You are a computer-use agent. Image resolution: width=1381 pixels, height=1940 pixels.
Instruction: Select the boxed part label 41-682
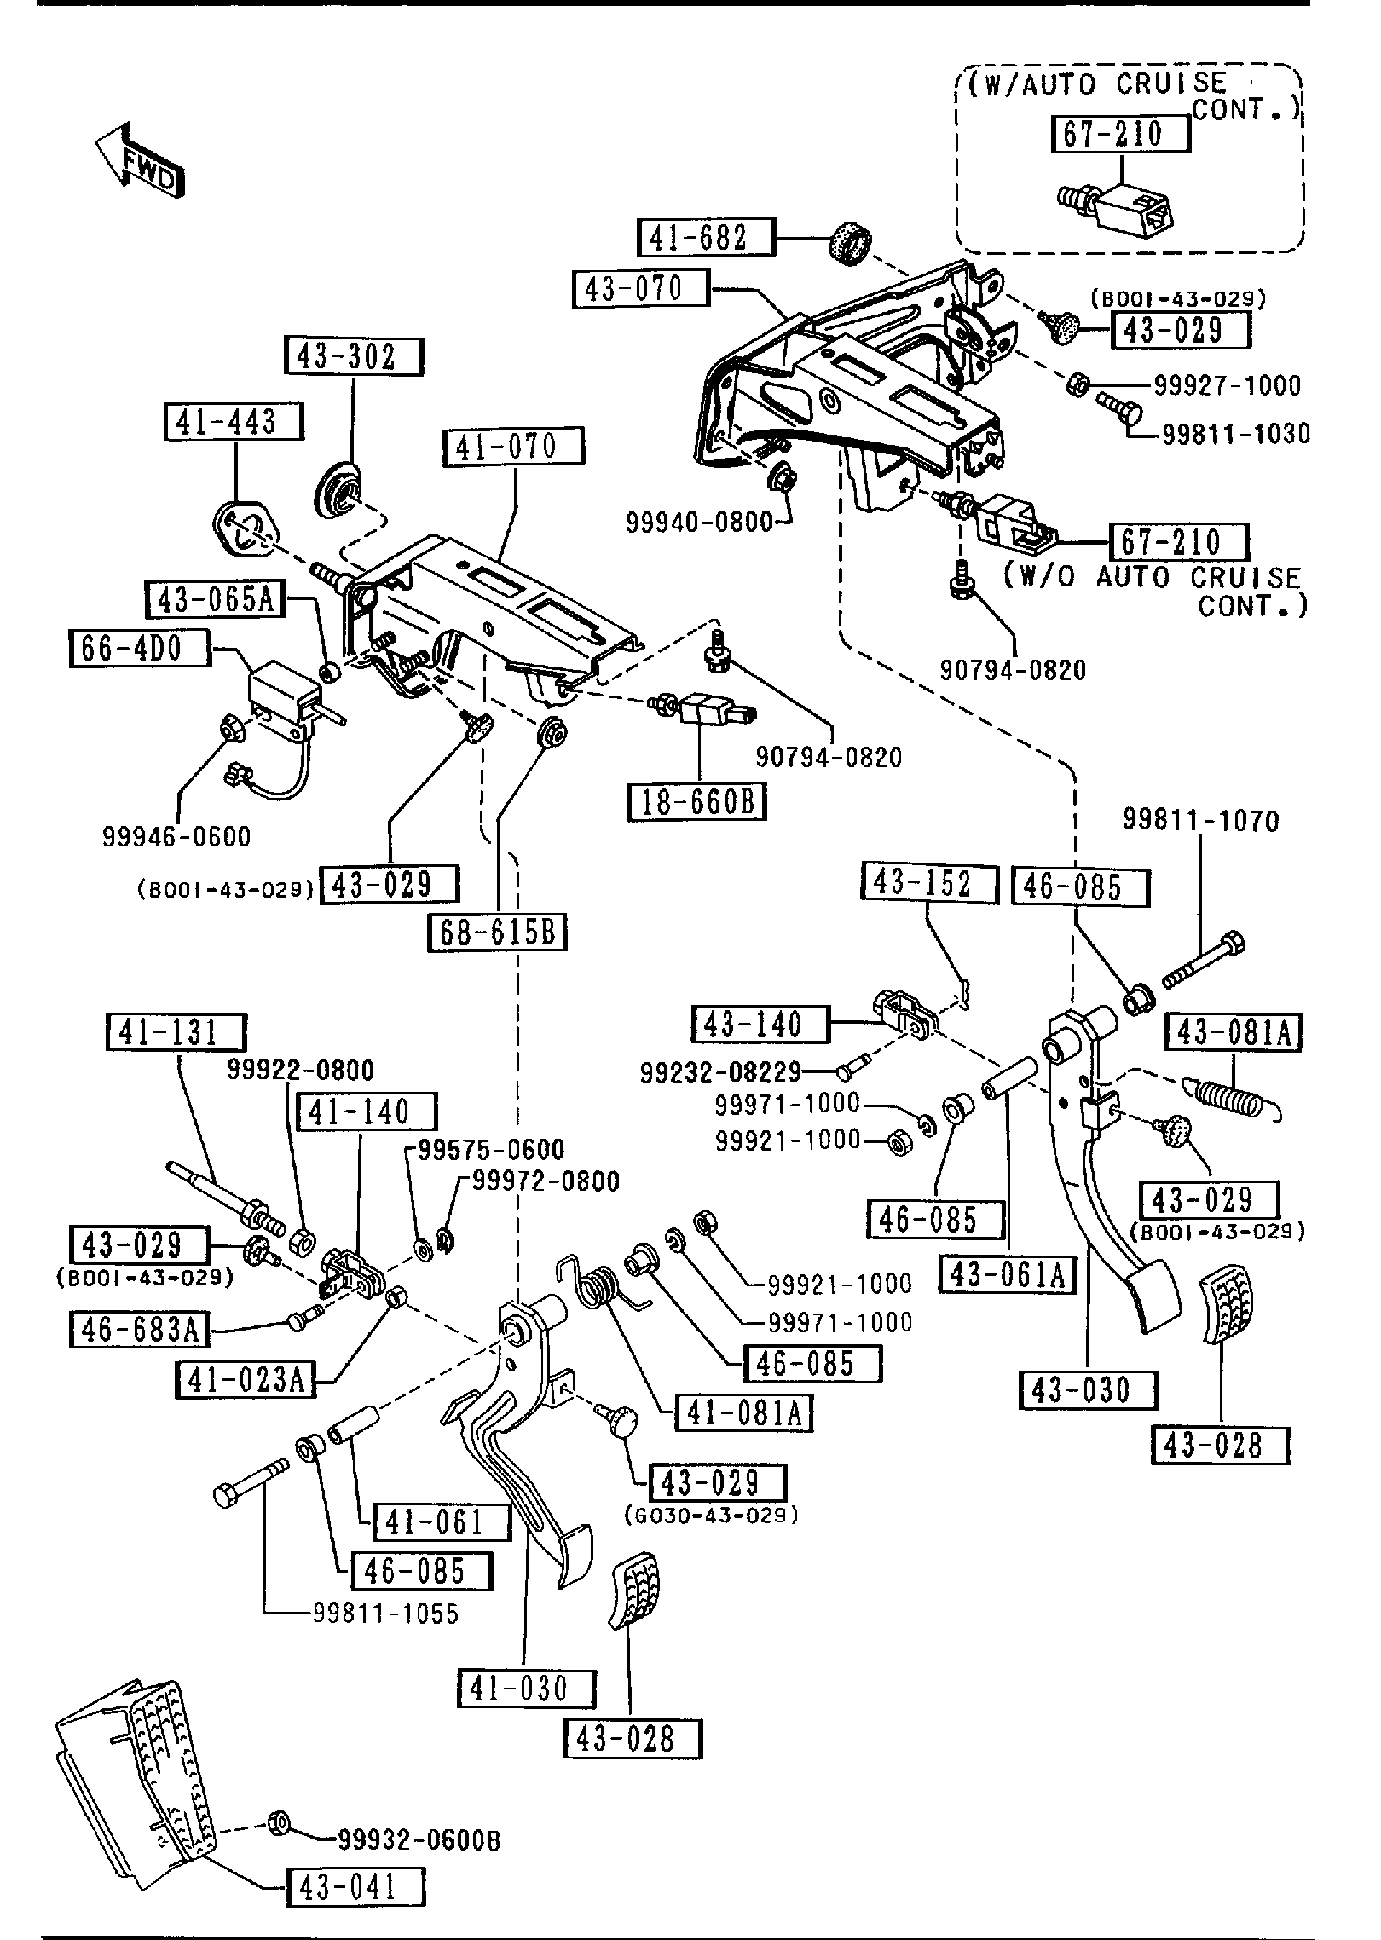pyautogui.click(x=707, y=237)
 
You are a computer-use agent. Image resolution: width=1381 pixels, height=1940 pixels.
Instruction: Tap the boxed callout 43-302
pyautogui.click(x=353, y=357)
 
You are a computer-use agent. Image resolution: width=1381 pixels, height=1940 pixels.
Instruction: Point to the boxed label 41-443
pyautogui.click(x=234, y=422)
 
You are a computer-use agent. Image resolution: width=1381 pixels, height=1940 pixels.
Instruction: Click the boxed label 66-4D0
pyautogui.click(x=138, y=649)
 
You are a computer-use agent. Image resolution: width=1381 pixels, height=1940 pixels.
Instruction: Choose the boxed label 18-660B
pyautogui.click(x=697, y=802)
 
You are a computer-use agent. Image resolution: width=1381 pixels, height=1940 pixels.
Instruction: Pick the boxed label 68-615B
pyautogui.click(x=497, y=932)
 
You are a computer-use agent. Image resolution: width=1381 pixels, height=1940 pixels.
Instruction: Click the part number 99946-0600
pyautogui.click(x=177, y=837)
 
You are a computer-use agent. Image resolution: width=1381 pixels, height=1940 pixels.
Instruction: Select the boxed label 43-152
pyautogui.click(x=929, y=884)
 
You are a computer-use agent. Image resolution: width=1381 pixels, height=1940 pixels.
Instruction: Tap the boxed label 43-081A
pyautogui.click(x=1234, y=1033)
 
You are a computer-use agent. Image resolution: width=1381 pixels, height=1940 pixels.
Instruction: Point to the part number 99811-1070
pyautogui.click(x=1201, y=821)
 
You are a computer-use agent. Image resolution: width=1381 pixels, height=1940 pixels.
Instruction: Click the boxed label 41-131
pyautogui.click(x=176, y=1032)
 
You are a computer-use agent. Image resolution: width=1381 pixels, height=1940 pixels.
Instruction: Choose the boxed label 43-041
pyautogui.click(x=355, y=1887)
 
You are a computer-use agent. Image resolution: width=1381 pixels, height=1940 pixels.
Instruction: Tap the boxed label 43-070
pyautogui.click(x=640, y=289)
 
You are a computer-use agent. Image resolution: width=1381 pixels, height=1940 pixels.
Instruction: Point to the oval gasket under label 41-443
pyautogui.click(x=245, y=528)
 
